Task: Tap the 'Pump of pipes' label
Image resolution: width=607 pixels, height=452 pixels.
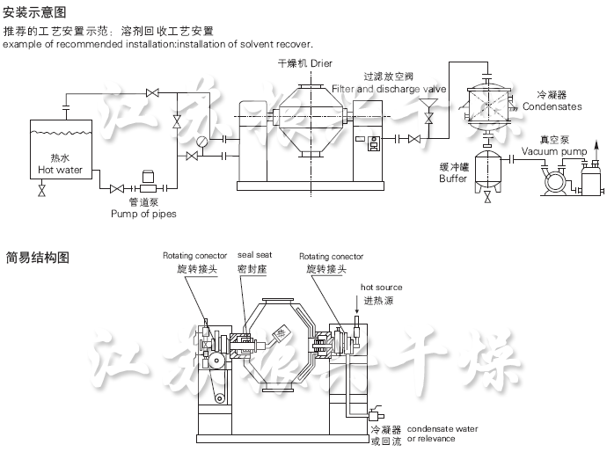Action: point(143,214)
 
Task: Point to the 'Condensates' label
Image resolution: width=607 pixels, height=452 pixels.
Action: point(552,106)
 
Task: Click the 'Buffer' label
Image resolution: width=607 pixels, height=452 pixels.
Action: point(453,179)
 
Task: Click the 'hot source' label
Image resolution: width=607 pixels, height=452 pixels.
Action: point(381,288)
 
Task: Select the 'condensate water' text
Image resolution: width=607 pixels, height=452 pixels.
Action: point(442,428)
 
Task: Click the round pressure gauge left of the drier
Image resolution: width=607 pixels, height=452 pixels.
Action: point(202,142)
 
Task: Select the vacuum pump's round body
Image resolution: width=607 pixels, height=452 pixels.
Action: point(554,180)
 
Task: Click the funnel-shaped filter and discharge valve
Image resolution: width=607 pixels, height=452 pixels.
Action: point(429,114)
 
